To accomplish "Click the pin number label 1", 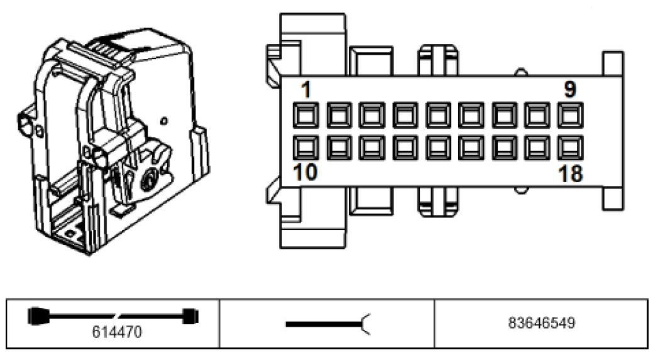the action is pyautogui.click(x=307, y=90).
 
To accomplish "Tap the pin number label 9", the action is pyautogui.click(x=569, y=89).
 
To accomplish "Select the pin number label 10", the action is pyautogui.click(x=305, y=172).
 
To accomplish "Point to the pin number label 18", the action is pyautogui.click(x=571, y=173).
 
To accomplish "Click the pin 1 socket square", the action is pyautogui.click(x=305, y=115).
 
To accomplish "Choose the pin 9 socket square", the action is pyautogui.click(x=570, y=115).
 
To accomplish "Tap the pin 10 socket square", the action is pyautogui.click(x=305, y=148).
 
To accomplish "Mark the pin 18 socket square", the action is pyautogui.click(x=570, y=148).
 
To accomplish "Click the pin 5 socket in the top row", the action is pyautogui.click(x=437, y=115).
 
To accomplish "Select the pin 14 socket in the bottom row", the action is pyautogui.click(x=437, y=148).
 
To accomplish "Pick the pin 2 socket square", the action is pyautogui.click(x=339, y=115).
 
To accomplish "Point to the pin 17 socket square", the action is pyautogui.click(x=537, y=148).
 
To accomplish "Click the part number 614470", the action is pyautogui.click(x=117, y=332).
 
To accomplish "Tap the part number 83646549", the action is pyautogui.click(x=541, y=323).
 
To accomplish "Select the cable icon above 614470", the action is pyautogui.click(x=113, y=316).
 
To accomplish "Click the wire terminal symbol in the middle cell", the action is pyautogui.click(x=327, y=324).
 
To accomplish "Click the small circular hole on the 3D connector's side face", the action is pyautogui.click(x=164, y=121).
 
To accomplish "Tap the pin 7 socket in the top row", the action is pyautogui.click(x=504, y=115).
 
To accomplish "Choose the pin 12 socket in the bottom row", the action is pyautogui.click(x=372, y=148).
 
